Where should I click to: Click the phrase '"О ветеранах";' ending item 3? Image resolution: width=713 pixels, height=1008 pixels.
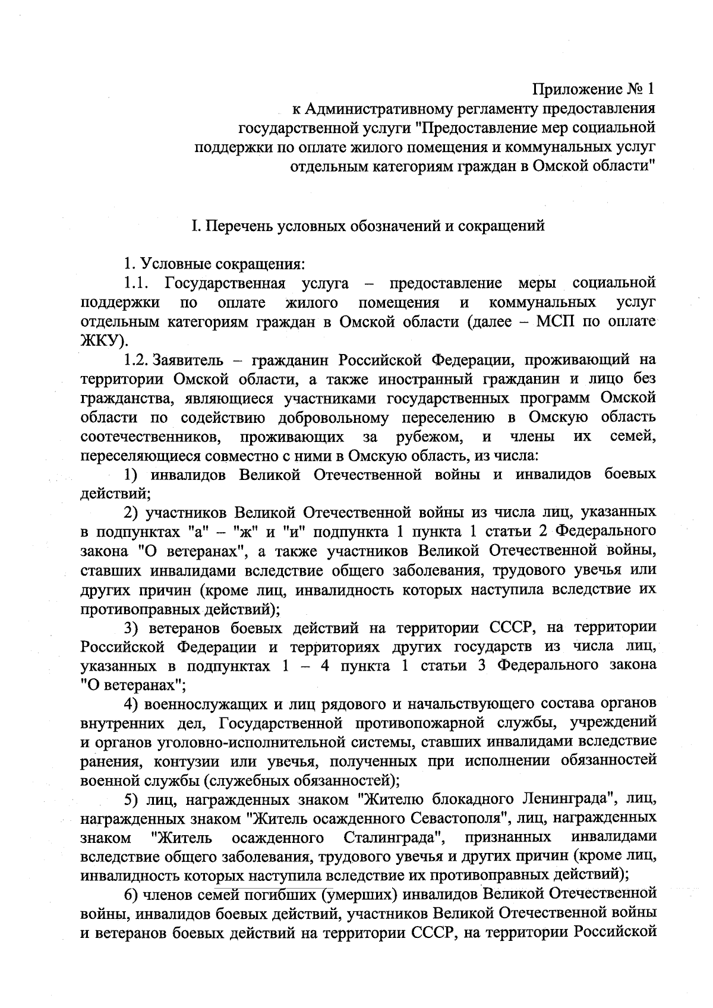pos(133,685)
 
